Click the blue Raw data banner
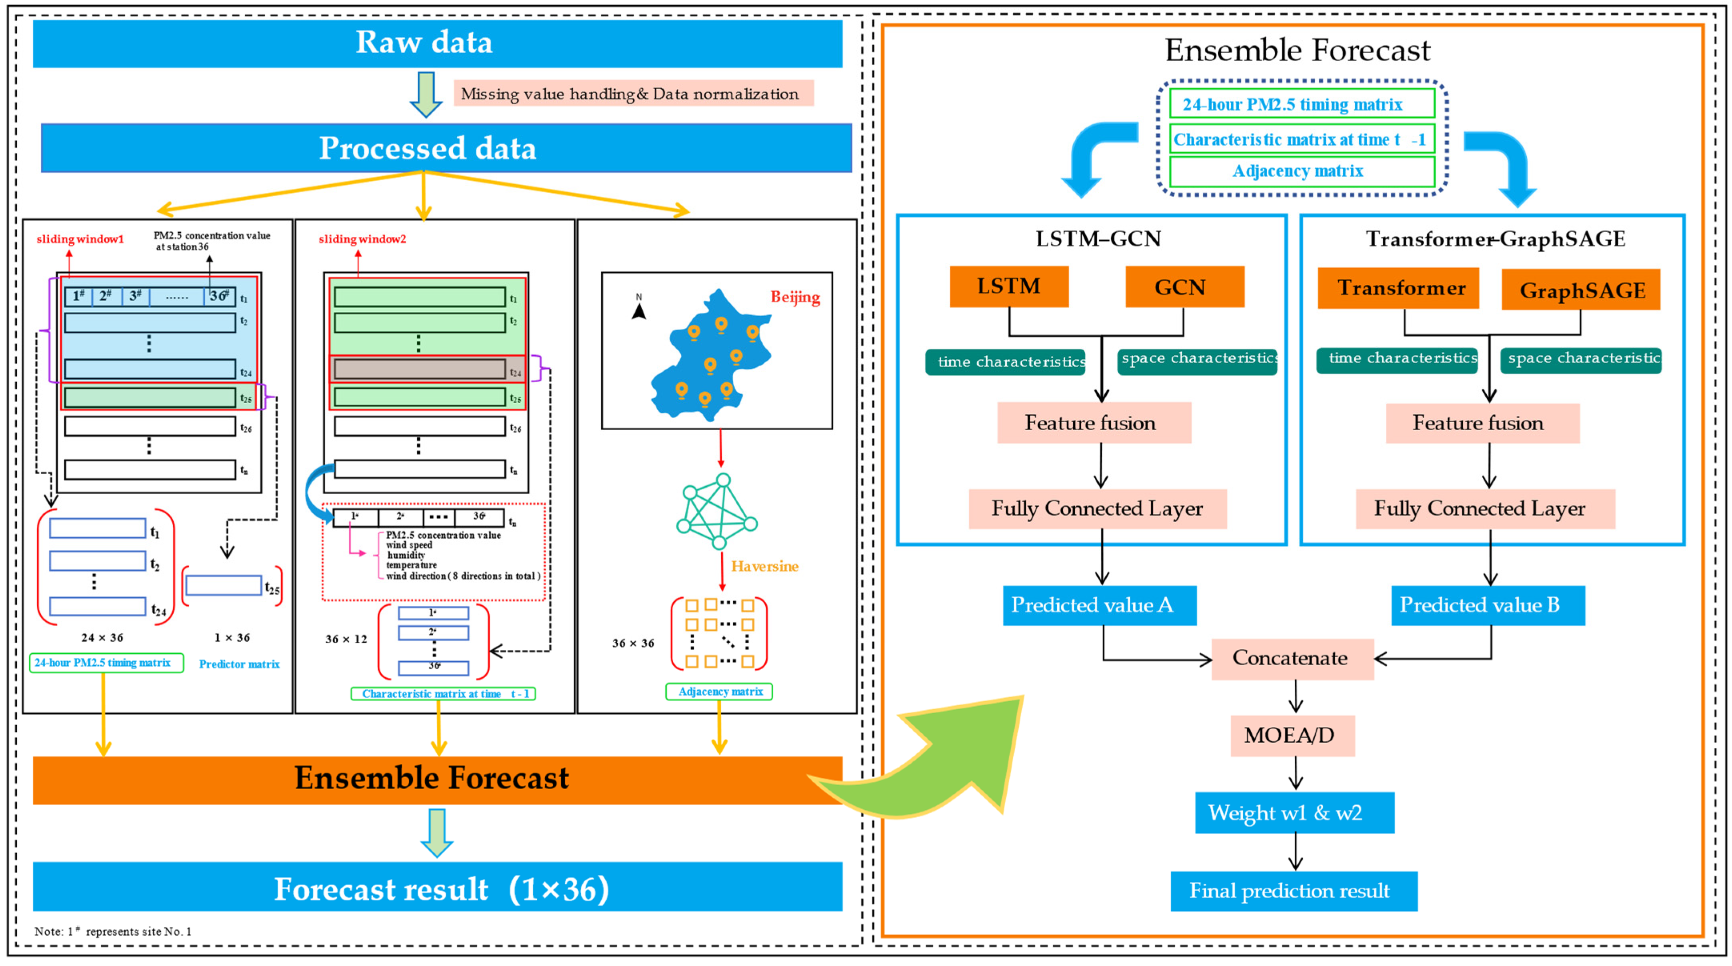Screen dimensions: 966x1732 (437, 43)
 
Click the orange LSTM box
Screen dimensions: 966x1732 (1008, 286)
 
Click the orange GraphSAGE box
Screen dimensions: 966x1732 (1580, 290)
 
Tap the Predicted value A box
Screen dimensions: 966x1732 (1099, 605)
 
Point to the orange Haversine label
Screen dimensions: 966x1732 (764, 566)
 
